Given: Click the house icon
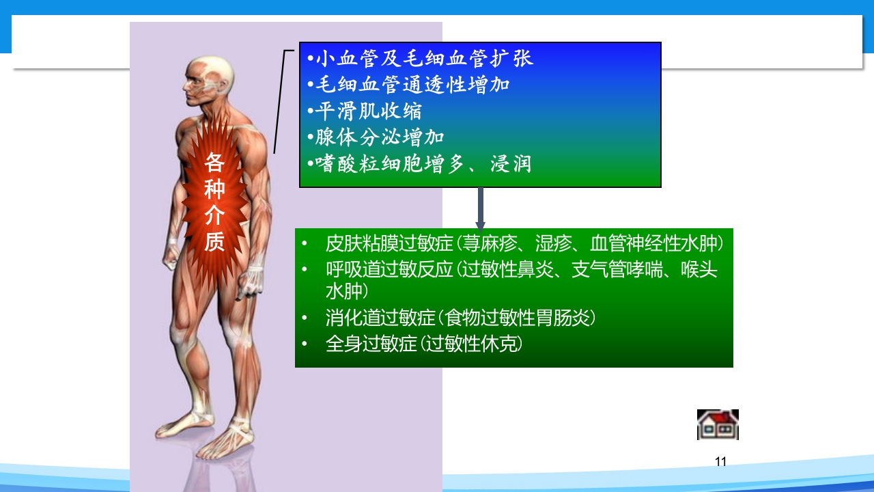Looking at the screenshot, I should pos(718,424).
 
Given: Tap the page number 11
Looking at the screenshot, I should pos(720,462).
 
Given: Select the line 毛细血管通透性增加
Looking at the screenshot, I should pos(408,85).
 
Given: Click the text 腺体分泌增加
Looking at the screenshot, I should pos(376,138).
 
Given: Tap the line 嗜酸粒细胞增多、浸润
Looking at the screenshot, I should pos(419,165).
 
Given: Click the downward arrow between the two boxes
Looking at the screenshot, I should pos(480,208).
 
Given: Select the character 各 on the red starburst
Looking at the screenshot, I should pos(214,163).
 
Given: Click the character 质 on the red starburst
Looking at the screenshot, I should pos(214,242).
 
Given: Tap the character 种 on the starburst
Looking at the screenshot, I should pos(214,189).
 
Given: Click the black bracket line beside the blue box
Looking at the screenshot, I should pos(280,102).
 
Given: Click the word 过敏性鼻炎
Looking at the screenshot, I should pos(498,270).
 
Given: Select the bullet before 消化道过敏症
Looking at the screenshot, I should pos(305,318).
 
